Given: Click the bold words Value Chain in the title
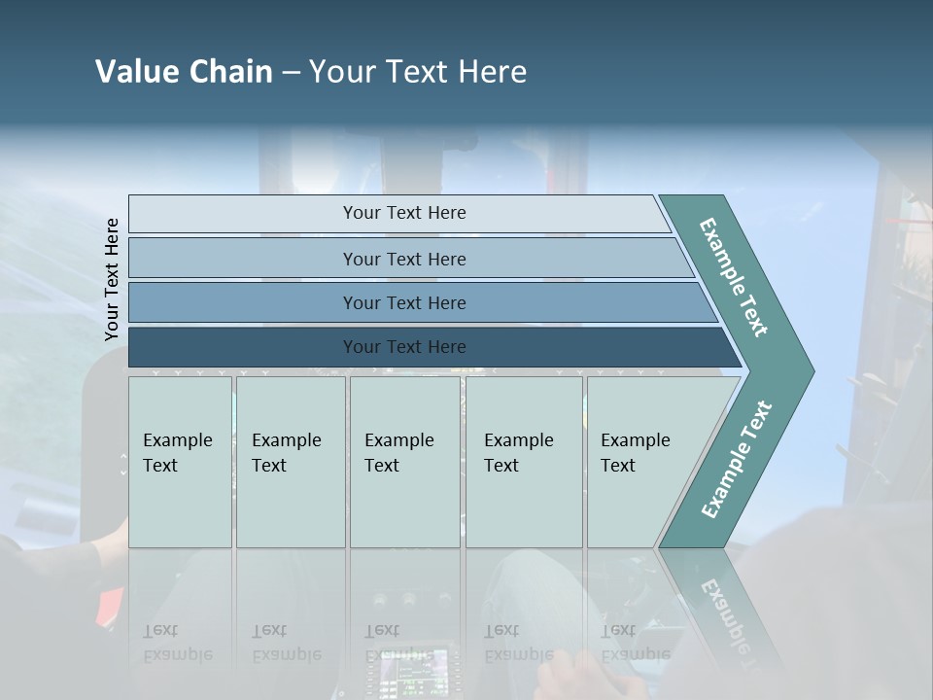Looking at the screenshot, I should pos(184,72).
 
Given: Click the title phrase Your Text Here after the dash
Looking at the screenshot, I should pos(418,72).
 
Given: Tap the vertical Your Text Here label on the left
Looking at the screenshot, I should pos(112,279).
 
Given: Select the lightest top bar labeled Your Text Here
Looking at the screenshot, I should pos(403,213).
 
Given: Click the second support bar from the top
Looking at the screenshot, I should pos(403,259).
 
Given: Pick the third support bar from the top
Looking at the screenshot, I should pos(403,302).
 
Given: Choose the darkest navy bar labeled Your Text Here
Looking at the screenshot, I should pos(403,347).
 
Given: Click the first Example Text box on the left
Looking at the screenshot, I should pos(180,462).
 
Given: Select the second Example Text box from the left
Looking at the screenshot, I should pos(290,462).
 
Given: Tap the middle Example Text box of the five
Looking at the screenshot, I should pos(403,462).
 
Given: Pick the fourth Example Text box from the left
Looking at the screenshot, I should pos(523,462).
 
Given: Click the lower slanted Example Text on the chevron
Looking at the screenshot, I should pos(737,459).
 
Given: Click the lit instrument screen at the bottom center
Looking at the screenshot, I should pos(412,671).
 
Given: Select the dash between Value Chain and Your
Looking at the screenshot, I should pos(291,73).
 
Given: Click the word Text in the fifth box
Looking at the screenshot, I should pos(618,466).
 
